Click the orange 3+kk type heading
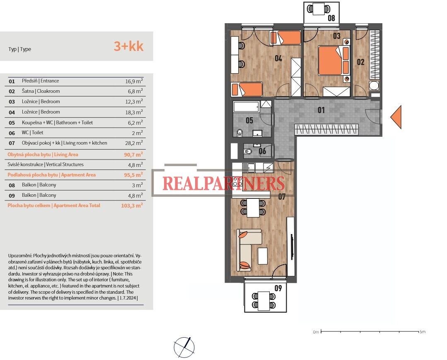(128, 46)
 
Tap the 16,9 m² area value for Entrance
(134, 81)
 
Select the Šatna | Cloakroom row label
(41, 91)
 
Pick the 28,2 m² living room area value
(134, 143)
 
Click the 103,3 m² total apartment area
(132, 205)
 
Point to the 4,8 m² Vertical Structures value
(135, 165)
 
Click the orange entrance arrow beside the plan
(396, 117)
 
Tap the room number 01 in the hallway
(321, 110)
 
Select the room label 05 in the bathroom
(249, 121)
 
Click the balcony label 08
(331, 18)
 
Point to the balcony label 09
(278, 288)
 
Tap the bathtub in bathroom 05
(246, 106)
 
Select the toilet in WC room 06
(248, 152)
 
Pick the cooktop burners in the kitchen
(237, 181)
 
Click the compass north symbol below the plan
(184, 348)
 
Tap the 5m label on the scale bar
(423, 332)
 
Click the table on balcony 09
(263, 301)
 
